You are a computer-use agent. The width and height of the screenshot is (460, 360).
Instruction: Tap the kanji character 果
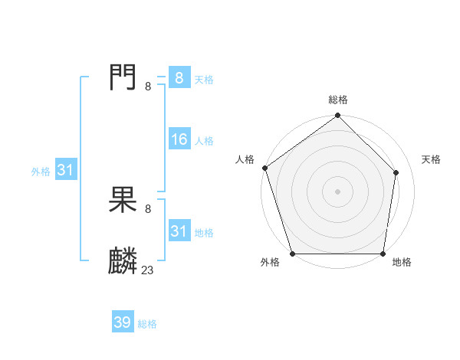[x=123, y=201]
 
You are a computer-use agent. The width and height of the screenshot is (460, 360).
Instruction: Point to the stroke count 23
[x=148, y=270]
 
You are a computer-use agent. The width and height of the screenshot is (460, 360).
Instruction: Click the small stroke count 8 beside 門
[x=148, y=86]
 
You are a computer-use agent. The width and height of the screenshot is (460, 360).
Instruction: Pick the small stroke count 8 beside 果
[x=148, y=208]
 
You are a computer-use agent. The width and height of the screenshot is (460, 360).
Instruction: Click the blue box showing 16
[x=179, y=139]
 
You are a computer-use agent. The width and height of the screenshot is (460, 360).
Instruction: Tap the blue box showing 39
[x=123, y=322]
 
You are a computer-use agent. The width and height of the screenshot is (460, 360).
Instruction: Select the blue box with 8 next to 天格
[x=179, y=77]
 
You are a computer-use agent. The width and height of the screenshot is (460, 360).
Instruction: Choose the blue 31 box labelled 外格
[x=65, y=170]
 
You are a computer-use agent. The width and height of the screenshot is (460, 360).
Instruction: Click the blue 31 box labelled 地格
[x=179, y=231]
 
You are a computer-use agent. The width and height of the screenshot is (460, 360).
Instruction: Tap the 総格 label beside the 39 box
[x=147, y=324]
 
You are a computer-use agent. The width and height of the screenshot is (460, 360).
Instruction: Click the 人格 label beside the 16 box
[x=204, y=141]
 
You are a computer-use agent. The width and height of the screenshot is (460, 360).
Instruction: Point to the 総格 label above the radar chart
[x=337, y=100]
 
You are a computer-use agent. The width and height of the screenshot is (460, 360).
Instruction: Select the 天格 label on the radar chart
[x=432, y=159]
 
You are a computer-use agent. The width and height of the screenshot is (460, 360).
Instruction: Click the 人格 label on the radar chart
[x=245, y=159]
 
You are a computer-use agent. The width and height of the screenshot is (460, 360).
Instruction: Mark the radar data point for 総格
[x=337, y=116]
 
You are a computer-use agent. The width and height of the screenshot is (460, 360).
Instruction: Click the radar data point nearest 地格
[x=383, y=254]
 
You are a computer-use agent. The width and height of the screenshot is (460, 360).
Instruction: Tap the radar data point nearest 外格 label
[x=292, y=254]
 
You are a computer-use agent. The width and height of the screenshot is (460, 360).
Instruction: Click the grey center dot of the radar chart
[x=337, y=191]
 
